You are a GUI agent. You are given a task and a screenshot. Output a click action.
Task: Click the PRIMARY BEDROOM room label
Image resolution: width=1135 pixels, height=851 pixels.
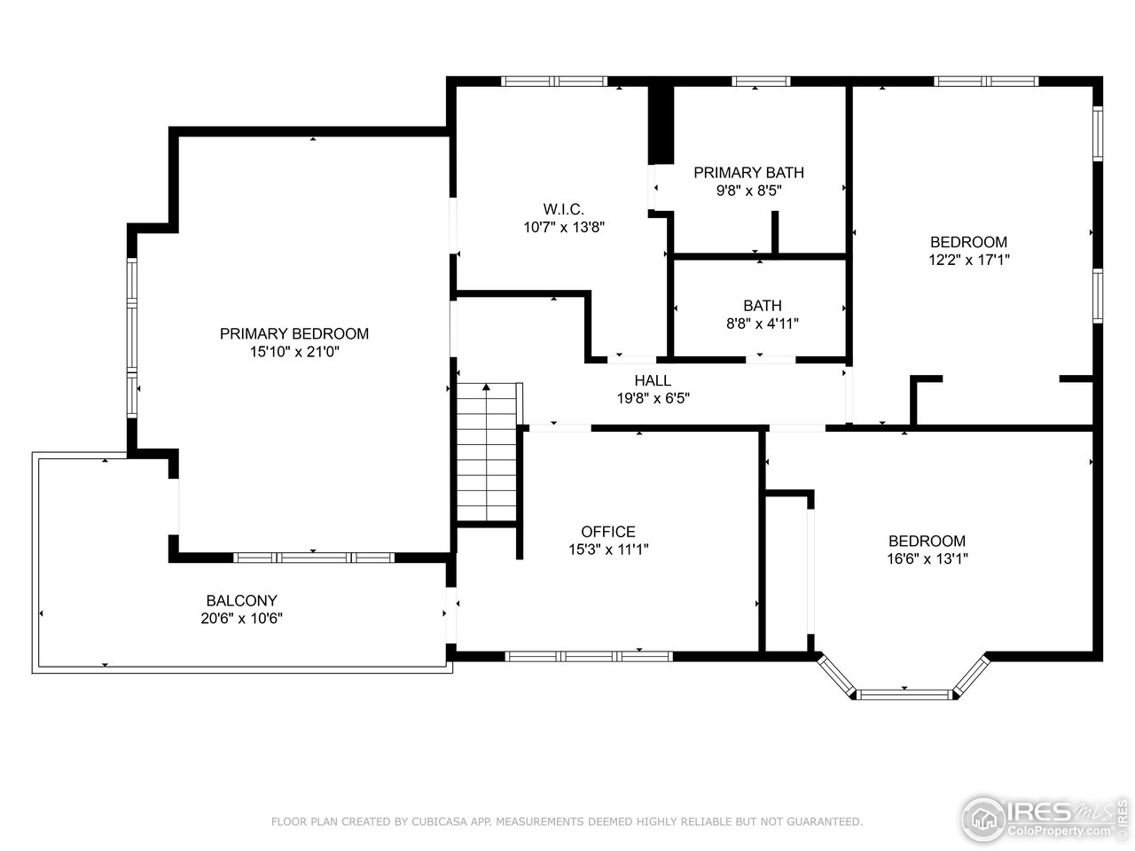(x=294, y=334)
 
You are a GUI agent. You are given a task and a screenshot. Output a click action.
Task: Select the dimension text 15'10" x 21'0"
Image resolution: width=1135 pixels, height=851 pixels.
(x=294, y=352)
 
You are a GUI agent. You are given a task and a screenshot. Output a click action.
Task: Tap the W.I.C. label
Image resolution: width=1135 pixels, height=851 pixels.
(x=564, y=209)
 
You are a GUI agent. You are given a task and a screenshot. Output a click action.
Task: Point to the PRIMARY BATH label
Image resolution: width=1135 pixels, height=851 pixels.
(x=748, y=173)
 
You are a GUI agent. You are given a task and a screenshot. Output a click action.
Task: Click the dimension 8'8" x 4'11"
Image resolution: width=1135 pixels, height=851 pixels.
(x=763, y=324)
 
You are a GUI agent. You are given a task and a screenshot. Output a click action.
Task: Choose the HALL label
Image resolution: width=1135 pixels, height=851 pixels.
(x=653, y=381)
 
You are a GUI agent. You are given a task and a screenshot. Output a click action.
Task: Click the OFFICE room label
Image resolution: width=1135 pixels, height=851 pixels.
(x=608, y=532)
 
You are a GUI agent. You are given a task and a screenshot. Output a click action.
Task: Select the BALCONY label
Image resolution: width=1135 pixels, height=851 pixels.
(x=241, y=600)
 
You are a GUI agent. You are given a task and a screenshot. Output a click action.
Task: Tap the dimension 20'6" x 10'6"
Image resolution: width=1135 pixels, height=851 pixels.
(x=241, y=618)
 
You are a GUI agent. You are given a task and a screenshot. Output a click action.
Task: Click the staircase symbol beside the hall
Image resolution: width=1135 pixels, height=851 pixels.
(x=487, y=452)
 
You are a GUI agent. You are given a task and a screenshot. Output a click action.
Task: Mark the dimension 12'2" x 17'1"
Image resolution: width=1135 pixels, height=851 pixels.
(x=968, y=260)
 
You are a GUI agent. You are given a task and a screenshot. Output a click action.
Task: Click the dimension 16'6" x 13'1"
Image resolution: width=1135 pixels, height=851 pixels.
(x=927, y=558)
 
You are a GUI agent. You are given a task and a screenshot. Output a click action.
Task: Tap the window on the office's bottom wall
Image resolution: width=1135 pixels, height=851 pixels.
(x=589, y=656)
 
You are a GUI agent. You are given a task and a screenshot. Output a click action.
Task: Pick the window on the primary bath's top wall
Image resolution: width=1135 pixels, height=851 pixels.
(x=761, y=82)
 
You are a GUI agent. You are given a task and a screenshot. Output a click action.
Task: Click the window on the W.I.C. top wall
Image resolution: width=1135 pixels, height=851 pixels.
(x=554, y=82)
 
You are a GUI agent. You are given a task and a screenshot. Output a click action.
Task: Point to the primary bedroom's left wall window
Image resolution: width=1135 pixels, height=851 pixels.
(x=132, y=337)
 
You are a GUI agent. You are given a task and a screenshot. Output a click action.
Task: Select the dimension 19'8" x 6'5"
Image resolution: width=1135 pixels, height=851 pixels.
(x=653, y=399)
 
